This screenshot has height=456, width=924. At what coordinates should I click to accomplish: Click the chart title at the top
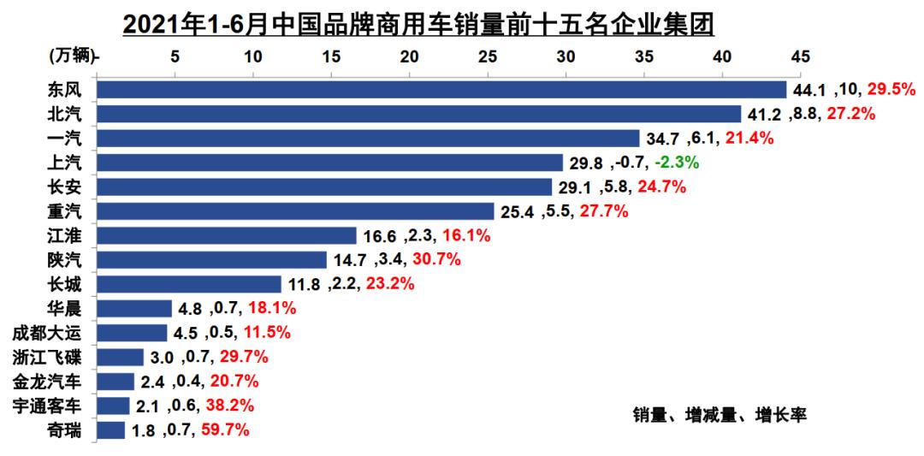point(418,24)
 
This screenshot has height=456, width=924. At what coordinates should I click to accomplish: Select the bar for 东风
point(441,90)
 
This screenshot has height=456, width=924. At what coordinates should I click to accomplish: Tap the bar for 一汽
point(368,139)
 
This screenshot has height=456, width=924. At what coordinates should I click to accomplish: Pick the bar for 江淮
point(227,235)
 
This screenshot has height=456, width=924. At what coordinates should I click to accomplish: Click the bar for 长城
point(189,284)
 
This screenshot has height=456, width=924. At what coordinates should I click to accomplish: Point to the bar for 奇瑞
point(111,430)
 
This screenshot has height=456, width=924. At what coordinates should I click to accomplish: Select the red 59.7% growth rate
point(225,430)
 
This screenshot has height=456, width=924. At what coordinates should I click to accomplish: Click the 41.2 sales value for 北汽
point(760,114)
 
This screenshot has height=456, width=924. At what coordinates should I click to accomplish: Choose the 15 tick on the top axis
point(331,56)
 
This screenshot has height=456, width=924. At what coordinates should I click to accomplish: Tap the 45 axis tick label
point(800,56)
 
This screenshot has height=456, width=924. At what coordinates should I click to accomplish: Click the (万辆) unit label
point(72,56)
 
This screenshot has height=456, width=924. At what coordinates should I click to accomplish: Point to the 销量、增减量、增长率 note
point(720,416)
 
